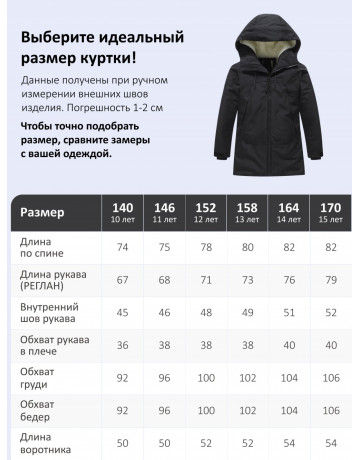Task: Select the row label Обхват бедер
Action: [38, 413]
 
